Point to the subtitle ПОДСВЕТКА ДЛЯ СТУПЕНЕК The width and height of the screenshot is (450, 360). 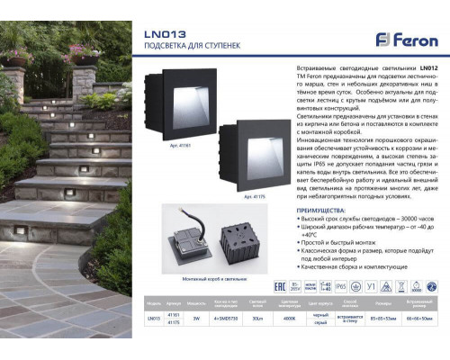[182, 49]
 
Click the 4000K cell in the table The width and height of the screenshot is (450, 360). [291, 318]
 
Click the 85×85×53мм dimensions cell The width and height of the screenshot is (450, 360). [382, 318]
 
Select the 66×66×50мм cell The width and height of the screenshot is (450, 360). [419, 318]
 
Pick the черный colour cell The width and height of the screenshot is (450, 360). [319, 314]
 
